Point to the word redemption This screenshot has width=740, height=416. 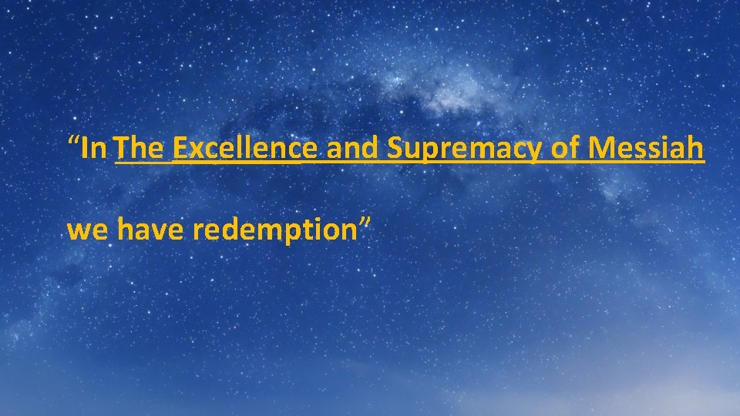click(x=275, y=230)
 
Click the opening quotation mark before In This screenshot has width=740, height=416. click(x=74, y=142)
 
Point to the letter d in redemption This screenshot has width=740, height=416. click(x=231, y=229)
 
